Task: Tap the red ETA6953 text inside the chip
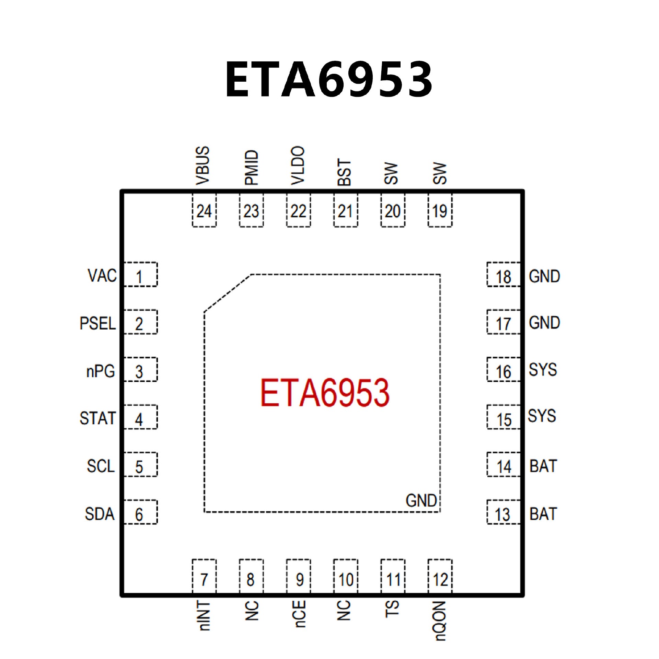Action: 325,393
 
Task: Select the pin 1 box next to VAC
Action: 140,275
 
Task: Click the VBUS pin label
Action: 202,165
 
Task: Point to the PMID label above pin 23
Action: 251,167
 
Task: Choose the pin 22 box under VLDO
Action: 298,210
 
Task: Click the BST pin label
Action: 345,172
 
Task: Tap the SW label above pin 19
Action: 440,173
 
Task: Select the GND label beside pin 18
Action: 544,276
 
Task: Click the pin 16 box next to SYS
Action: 504,370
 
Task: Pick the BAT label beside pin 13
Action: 543,514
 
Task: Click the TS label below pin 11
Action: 393,609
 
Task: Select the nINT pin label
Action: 204,616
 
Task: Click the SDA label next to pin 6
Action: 100,514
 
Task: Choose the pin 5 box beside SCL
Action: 140,465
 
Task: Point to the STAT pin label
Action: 97,418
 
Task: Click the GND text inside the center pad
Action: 421,500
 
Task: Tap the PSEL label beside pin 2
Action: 97,323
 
